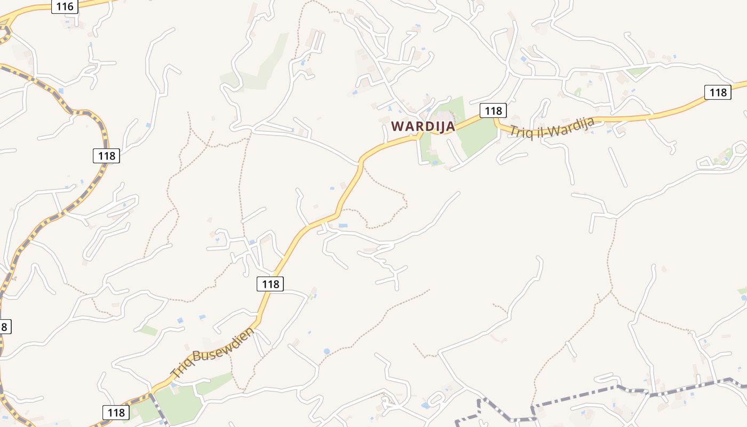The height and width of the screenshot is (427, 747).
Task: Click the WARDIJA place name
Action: pyautogui.click(x=423, y=126)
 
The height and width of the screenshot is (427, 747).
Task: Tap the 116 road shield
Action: pyautogui.click(x=65, y=6)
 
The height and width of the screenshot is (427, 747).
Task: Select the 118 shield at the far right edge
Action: pyautogui.click(x=717, y=92)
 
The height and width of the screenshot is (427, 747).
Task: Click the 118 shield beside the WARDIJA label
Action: pyautogui.click(x=492, y=110)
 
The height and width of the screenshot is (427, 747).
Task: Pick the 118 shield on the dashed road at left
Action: pyautogui.click(x=106, y=156)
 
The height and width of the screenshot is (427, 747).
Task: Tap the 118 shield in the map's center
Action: pyautogui.click(x=270, y=284)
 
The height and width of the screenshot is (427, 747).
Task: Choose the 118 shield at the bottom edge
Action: pyautogui.click(x=116, y=412)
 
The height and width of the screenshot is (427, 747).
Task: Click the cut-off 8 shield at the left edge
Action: pyautogui.click(x=4, y=327)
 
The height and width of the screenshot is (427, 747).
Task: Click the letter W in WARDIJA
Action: pyautogui.click(x=397, y=126)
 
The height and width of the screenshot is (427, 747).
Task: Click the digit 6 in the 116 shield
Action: pyautogui.click(x=70, y=6)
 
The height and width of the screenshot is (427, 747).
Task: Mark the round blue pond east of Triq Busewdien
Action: pyautogui.click(x=327, y=351)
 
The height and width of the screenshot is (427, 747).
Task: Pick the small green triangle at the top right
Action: pyautogui.click(x=637, y=70)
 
